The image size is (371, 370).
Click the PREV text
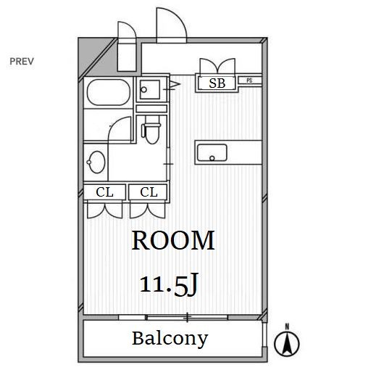[x=22, y=62]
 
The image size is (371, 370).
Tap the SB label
[x=217, y=83]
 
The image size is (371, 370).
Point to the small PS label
[x=249, y=81]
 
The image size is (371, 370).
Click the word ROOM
[x=173, y=240]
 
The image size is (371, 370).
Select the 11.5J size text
[x=169, y=284]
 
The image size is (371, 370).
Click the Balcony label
[x=170, y=339]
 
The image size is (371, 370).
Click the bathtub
[x=109, y=92]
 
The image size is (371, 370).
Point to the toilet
[x=151, y=130]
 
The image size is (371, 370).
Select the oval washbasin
[x=96, y=162]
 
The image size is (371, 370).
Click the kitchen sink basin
[x=212, y=152]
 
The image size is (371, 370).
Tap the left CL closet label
[x=104, y=192]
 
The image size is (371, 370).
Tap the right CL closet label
[x=149, y=192]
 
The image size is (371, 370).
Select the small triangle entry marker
[x=175, y=84]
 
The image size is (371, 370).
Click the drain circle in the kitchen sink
[x=212, y=158]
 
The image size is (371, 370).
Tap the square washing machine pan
[x=150, y=89]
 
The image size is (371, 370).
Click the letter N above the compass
[x=287, y=326]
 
